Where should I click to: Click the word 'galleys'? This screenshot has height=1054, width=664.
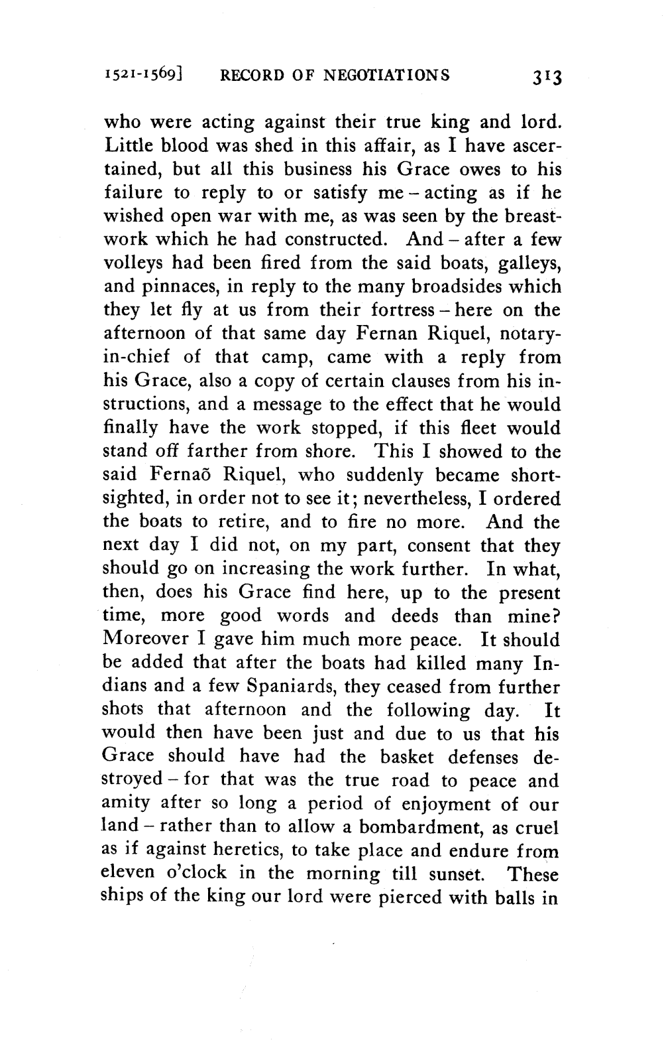pyautogui.click(x=525, y=264)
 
